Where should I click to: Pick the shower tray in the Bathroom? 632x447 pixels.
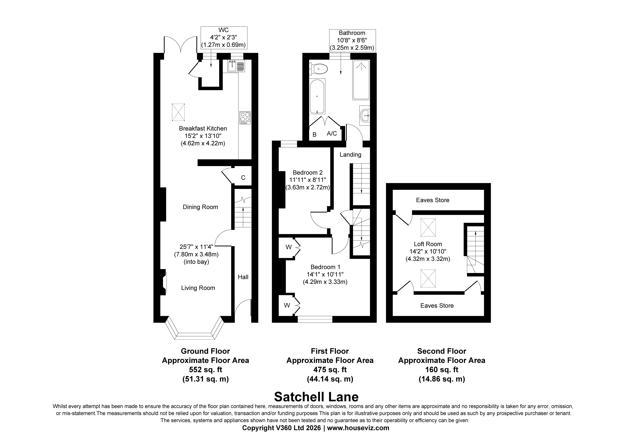pos(361,80)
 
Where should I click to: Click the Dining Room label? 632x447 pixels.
pos(200,207)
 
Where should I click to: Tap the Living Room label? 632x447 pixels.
pos(198,288)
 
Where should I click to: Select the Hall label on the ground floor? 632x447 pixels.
pos(243,277)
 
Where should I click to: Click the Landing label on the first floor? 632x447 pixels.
pos(350,155)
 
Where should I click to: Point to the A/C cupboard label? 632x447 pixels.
pos(332,134)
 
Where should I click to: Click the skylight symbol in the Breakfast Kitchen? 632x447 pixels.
pos(178,112)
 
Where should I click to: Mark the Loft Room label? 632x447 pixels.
pos(428,244)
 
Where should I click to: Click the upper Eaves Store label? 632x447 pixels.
pos(433,200)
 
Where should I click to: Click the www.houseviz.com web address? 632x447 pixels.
pos(358,428)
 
